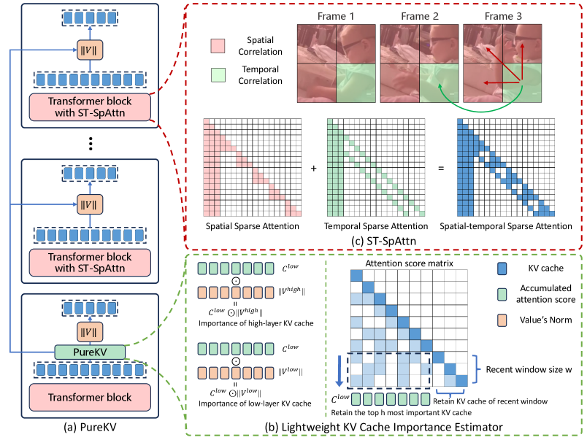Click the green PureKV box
[90, 352]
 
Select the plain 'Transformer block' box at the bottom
[90, 397]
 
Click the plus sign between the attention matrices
[313, 169]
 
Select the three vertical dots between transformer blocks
[89, 144]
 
